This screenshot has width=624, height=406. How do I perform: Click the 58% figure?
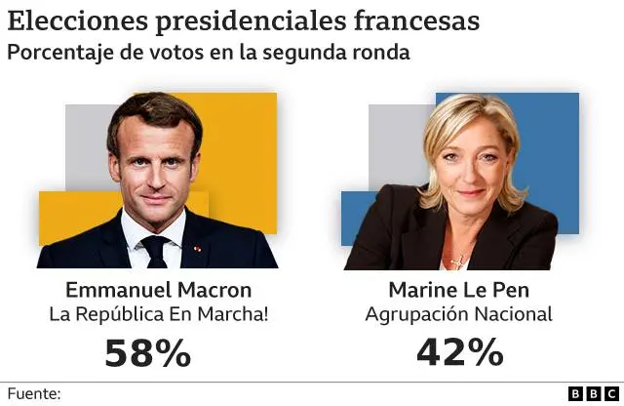(148, 352)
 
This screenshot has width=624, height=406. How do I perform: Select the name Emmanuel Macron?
(158, 290)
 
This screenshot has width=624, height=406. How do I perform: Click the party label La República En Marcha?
(158, 314)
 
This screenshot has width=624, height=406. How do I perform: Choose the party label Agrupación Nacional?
(458, 314)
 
